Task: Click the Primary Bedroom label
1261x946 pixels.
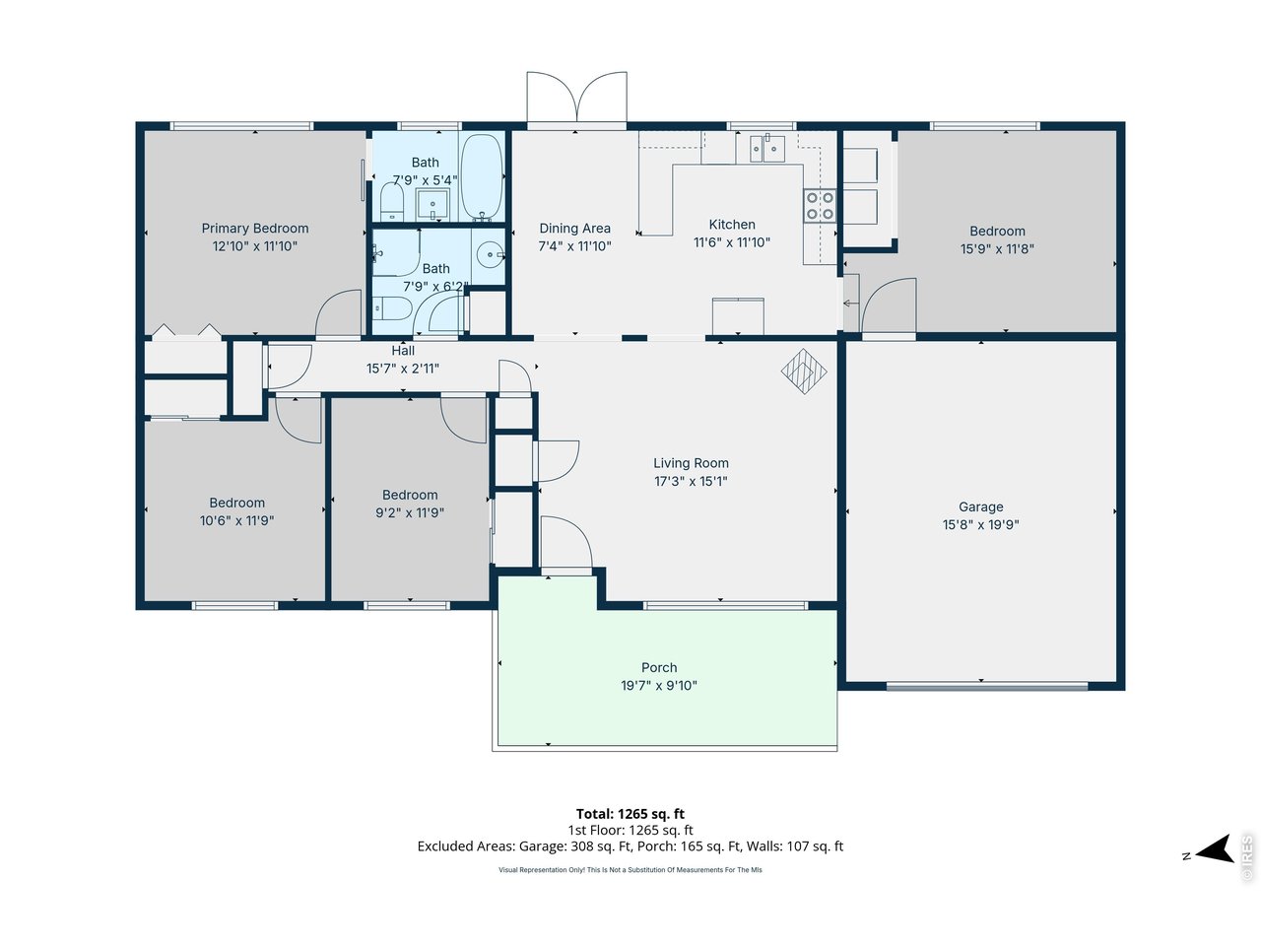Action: (x=254, y=228)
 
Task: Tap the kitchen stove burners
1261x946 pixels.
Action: (x=820, y=206)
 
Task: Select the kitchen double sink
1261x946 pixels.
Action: (x=766, y=149)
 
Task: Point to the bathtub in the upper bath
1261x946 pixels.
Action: (x=482, y=177)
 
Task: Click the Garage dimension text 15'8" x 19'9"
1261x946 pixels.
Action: (x=980, y=524)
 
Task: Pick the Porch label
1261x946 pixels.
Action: (x=659, y=667)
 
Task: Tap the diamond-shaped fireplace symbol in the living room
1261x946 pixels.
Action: (x=804, y=372)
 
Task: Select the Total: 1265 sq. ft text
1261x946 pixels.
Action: (x=630, y=813)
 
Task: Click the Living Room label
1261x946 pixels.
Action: (x=691, y=463)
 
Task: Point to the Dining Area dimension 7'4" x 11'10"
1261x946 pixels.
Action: (x=574, y=245)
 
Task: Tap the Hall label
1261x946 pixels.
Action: (x=403, y=351)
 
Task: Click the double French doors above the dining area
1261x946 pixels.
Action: (x=576, y=98)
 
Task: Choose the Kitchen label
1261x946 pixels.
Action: (x=732, y=224)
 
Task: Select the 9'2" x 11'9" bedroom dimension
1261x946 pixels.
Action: (x=410, y=512)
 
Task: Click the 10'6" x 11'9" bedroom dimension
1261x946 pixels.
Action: (x=236, y=520)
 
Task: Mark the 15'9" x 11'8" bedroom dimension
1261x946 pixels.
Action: (x=997, y=248)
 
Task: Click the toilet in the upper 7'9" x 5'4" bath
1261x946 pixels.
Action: (x=392, y=202)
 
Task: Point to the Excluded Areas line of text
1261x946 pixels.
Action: (x=630, y=845)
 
